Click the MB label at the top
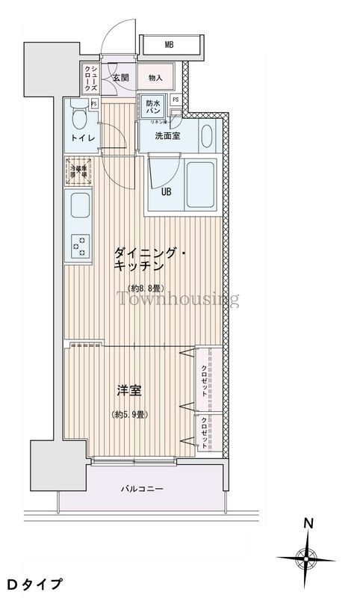170,45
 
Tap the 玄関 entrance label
122,77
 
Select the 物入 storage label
155,77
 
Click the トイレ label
80,138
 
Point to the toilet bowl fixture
77,116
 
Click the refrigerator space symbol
78,171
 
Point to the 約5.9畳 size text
128,413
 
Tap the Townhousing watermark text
176,300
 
